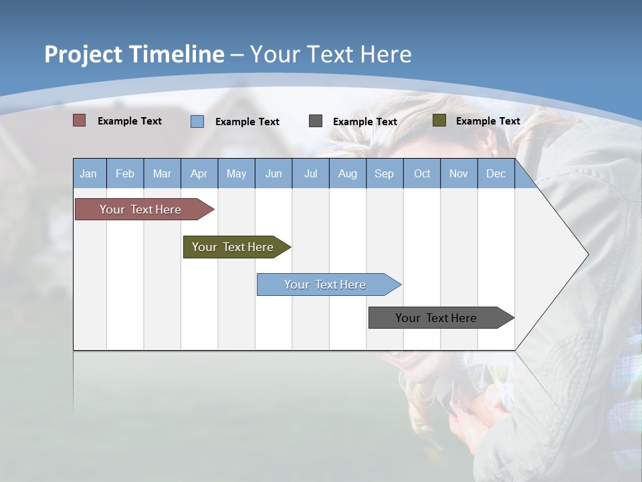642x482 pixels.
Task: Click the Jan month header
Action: coord(88,173)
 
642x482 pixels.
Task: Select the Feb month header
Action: coord(125,173)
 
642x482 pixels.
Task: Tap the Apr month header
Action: coord(199,173)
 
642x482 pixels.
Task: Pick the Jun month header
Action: coord(274,173)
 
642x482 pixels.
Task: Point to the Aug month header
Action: coord(347,173)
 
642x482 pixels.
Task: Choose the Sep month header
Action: coord(384,173)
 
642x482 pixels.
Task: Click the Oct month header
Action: coord(422,173)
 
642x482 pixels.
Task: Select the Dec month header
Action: coord(496,173)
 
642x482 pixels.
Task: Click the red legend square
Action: coord(79,120)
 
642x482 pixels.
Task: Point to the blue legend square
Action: coord(197,121)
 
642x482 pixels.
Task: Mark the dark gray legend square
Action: coord(316,121)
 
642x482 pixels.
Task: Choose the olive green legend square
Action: coord(439,120)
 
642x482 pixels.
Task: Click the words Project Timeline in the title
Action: coord(134,54)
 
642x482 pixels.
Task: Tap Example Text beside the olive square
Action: coord(488,121)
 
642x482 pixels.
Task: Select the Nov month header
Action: coord(459,173)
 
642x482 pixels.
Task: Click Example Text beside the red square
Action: coord(130,121)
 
